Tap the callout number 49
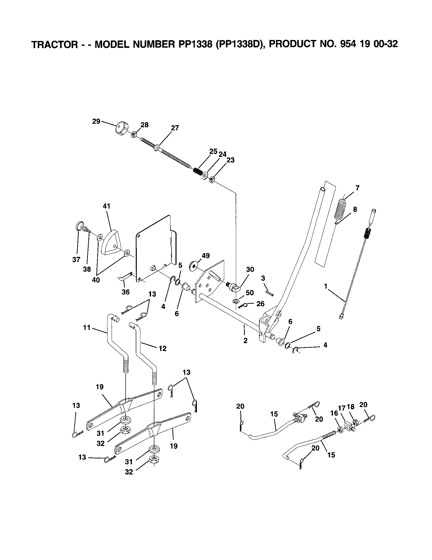point(206,256)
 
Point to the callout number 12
point(163,348)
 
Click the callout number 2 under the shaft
point(245,341)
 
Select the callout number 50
point(250,293)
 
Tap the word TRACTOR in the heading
point(54,45)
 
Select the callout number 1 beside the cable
point(326,286)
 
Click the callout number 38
point(87,269)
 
